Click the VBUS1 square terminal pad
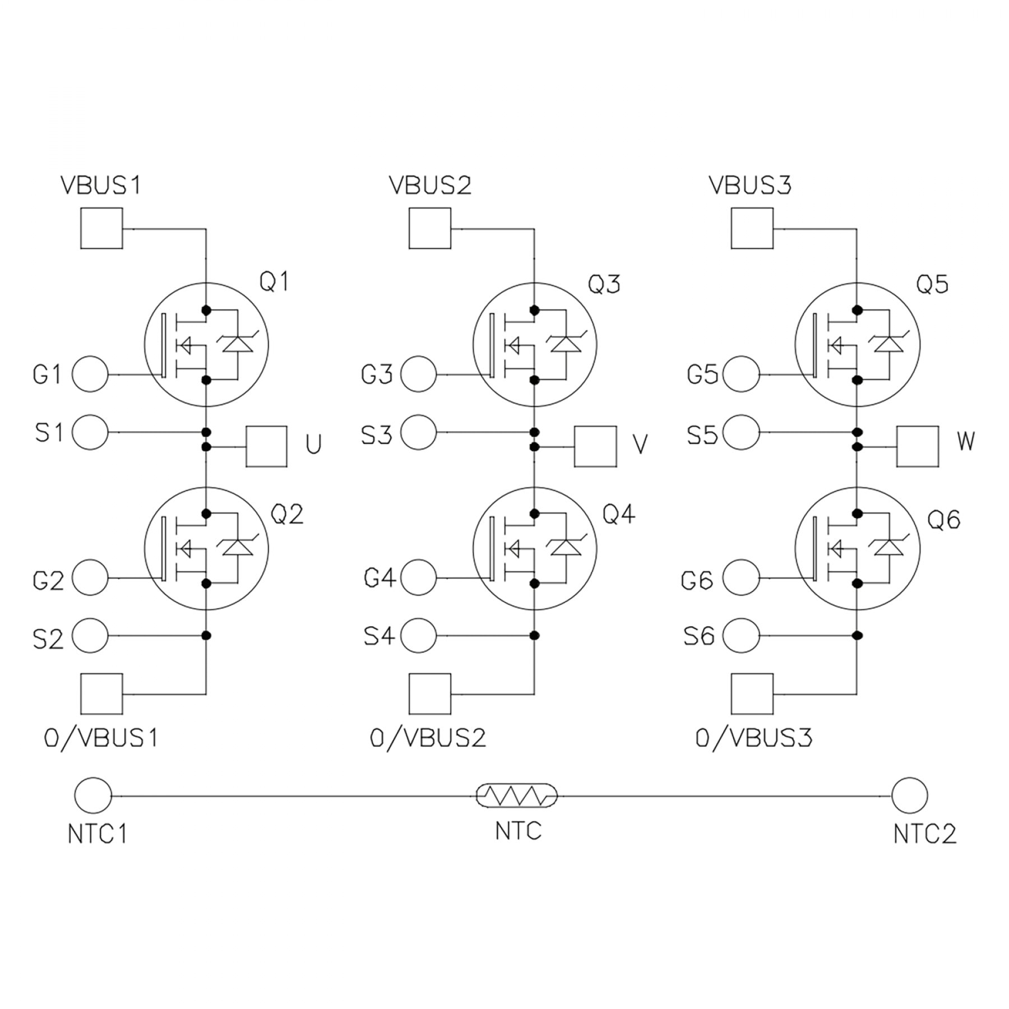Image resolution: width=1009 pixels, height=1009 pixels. (101, 228)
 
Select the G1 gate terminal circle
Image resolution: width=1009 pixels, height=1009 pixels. (90, 374)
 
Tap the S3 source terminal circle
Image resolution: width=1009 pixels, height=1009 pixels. (419, 432)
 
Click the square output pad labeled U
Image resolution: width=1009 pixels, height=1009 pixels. (267, 447)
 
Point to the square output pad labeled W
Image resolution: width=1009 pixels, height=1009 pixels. (918, 447)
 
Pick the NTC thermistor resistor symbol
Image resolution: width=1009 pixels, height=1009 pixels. (517, 795)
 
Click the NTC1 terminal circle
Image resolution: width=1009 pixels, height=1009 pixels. (93, 795)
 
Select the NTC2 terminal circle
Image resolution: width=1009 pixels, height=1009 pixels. (909, 795)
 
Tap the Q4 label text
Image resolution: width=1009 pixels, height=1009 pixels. (619, 514)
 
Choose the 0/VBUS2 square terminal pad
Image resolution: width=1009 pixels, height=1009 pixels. (430, 694)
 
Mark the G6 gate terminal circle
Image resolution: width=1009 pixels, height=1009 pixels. (741, 578)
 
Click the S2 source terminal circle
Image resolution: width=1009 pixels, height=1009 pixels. (90, 636)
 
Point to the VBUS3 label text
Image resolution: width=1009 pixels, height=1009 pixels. (750, 186)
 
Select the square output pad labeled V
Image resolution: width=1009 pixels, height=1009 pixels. (595, 447)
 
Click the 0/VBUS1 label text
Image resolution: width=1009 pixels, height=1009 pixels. (101, 738)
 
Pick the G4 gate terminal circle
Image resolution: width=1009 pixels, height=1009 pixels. (419, 578)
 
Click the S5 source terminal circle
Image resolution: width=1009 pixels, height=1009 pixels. (741, 432)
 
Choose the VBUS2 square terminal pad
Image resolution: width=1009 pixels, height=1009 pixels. (430, 228)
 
